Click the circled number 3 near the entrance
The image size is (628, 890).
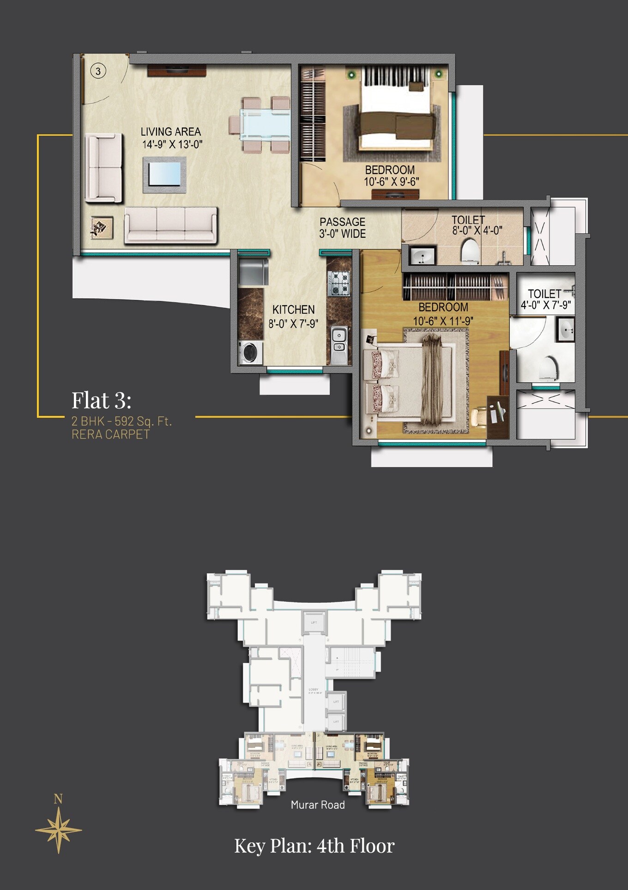click(98, 71)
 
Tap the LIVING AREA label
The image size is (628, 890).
click(171, 132)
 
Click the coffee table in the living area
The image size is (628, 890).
click(165, 174)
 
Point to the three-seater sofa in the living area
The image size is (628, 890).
click(171, 224)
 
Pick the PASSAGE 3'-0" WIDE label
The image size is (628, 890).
click(343, 228)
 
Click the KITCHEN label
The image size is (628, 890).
click(294, 310)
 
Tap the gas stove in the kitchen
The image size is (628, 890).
click(338, 283)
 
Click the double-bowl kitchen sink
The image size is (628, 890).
click(339, 340)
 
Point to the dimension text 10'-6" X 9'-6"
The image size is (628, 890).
click(392, 182)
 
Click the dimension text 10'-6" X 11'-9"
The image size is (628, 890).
click(443, 321)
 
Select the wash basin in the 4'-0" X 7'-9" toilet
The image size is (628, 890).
click(566, 330)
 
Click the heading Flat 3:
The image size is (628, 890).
click(102, 400)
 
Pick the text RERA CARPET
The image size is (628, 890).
click(110, 434)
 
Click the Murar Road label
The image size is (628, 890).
click(318, 805)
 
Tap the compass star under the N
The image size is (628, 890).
click(59, 830)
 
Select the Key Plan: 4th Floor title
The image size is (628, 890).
click(314, 846)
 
